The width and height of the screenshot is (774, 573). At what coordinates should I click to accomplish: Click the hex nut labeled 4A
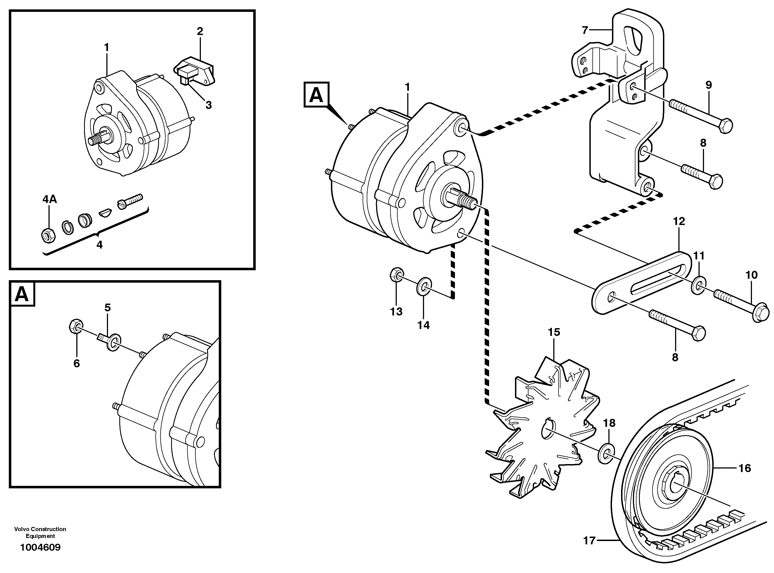point(47,235)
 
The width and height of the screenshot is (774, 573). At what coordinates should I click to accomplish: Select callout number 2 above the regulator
point(200,31)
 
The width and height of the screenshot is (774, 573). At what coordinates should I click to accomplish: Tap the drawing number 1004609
point(40,547)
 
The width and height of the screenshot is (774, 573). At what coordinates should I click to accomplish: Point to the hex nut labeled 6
point(75,326)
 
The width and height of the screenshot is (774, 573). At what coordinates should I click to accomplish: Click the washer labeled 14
point(424,285)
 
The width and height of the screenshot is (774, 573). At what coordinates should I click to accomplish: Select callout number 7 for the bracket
point(585,31)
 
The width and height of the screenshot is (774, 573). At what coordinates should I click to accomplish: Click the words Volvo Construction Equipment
point(40,532)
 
